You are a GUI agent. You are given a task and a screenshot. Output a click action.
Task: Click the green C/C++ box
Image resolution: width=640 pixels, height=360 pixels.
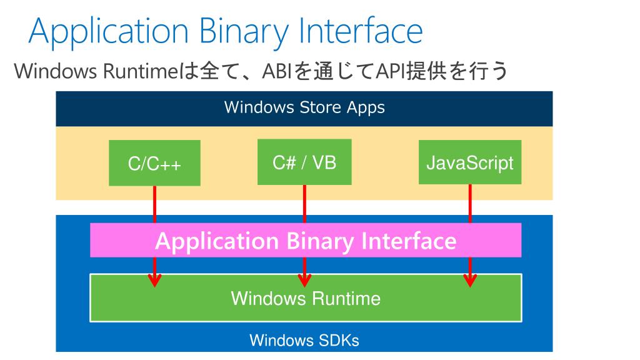pos(154,163)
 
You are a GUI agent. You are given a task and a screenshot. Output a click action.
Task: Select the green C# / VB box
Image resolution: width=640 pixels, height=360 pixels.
pos(304,162)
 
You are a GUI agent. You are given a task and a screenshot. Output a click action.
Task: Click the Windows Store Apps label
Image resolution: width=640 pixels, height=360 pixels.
pos(304,107)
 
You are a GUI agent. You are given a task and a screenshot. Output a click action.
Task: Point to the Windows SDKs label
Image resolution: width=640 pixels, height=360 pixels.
pos(304,341)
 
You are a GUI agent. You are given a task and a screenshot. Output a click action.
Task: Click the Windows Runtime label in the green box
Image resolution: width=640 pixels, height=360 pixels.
pos(306,298)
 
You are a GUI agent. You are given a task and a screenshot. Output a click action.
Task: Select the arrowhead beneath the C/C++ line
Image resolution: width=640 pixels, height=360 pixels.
pos(154,279)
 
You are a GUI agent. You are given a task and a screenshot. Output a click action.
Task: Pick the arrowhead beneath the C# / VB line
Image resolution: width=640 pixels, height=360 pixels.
pos(304,279)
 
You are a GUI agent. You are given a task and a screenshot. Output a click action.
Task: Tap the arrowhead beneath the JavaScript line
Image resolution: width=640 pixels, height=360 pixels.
pos(470,279)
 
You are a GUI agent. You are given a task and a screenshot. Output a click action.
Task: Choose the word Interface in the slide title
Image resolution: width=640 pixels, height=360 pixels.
pos(360,31)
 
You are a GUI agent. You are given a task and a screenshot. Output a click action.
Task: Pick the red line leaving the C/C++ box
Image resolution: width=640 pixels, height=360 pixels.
pos(154,204)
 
